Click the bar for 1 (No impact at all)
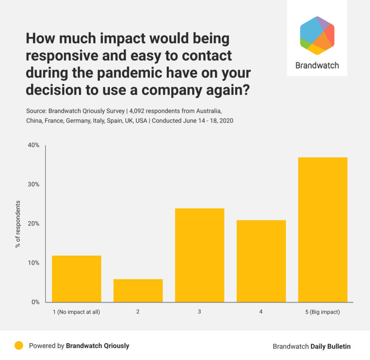(76, 279)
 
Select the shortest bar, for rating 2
(138, 290)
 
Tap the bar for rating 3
(200, 255)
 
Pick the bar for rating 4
(261, 261)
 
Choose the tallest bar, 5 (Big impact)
(323, 230)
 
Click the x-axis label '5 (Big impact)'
(323, 312)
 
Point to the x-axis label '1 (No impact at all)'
(76, 312)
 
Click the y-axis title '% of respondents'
(18, 224)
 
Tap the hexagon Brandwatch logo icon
(317, 36)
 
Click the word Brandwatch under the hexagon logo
(317, 65)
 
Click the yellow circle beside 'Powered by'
(19, 345)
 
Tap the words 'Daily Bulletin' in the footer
(330, 346)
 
